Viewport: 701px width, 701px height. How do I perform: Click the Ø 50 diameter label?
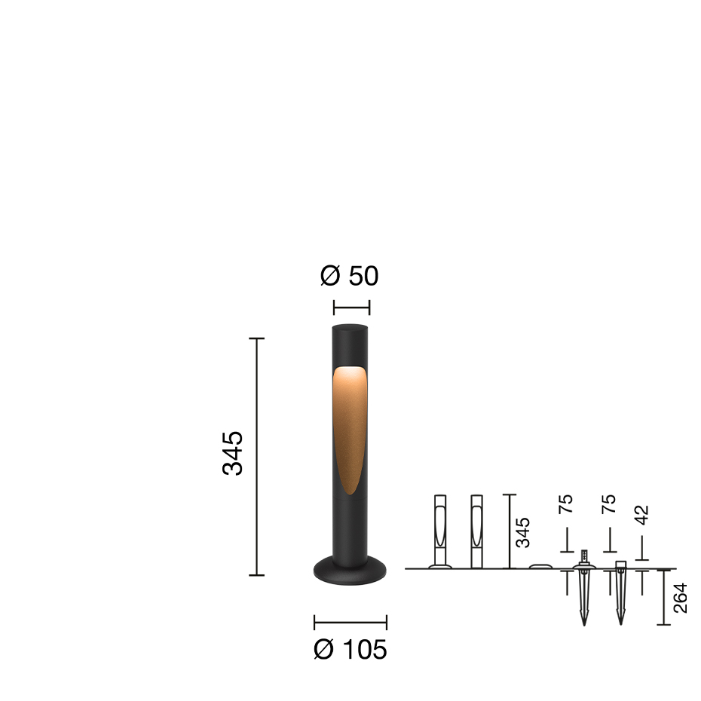pyautogui.click(x=350, y=275)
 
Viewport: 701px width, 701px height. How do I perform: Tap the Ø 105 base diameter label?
pyautogui.click(x=350, y=649)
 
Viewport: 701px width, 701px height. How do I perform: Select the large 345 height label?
pyautogui.click(x=232, y=453)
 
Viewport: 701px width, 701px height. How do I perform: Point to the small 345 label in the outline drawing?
pyautogui.click(x=522, y=532)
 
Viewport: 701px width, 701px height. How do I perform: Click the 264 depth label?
pyautogui.click(x=680, y=598)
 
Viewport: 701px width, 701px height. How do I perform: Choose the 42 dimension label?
pyautogui.click(x=641, y=515)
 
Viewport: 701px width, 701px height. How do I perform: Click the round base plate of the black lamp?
pyautogui.click(x=350, y=571)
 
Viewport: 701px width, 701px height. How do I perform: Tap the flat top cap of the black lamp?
pyautogui.click(x=350, y=328)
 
